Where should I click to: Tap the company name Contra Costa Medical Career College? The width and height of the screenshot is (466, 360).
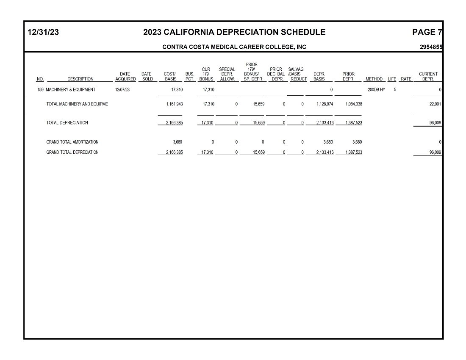pos(234,47)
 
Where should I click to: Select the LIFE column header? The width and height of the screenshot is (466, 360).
pos(392,79)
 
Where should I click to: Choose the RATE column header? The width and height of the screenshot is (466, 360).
pos(406,79)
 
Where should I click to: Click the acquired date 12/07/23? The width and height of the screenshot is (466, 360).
pos(122,90)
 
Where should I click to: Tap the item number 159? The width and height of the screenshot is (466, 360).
pos(41,90)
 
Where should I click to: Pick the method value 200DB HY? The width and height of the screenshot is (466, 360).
pos(377,90)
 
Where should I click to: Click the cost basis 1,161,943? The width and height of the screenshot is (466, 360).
pos(174,104)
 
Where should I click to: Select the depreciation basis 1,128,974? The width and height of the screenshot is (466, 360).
pos(325,104)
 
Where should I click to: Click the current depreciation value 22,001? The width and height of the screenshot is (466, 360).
pos(435,104)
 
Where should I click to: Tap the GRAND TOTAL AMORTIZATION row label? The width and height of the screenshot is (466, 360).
pos(72,142)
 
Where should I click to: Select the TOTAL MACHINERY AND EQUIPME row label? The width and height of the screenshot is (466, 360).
pos(77,104)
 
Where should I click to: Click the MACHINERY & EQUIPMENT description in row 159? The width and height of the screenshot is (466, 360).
pos(70,90)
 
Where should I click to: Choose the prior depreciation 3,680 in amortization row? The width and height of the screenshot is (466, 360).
pos(356,142)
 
